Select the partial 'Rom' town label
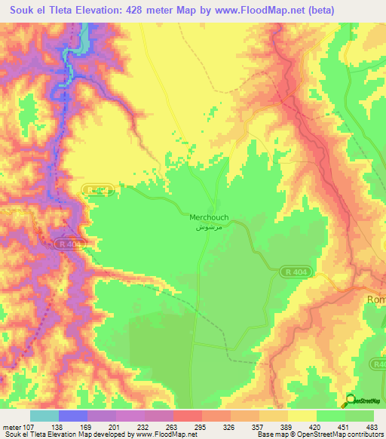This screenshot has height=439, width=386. point(375,299)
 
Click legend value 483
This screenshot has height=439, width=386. point(371,427)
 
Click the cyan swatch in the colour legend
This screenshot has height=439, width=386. point(44,416)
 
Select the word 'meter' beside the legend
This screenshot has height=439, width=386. point(12,427)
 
